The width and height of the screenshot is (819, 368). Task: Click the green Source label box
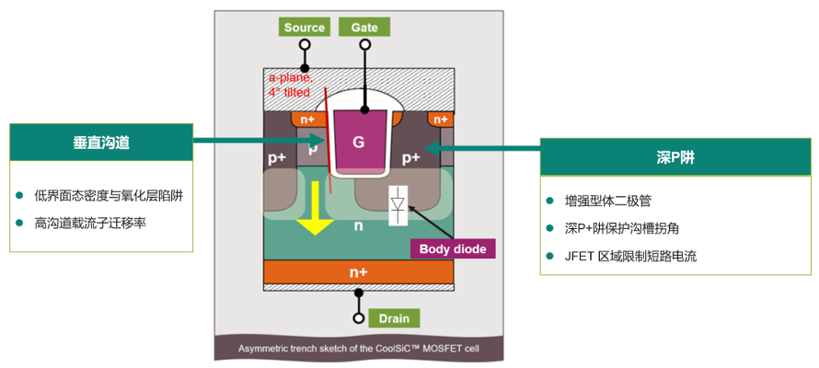(x=305, y=28)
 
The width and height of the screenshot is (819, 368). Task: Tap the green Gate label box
(x=364, y=28)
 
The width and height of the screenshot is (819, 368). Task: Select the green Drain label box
(x=395, y=318)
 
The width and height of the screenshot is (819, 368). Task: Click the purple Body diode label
(x=453, y=249)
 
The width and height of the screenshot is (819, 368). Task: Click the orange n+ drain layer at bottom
(x=358, y=272)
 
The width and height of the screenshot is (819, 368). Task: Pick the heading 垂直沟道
(x=101, y=143)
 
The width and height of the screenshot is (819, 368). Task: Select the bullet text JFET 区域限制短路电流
(x=631, y=257)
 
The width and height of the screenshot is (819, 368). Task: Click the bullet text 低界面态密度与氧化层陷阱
(x=109, y=195)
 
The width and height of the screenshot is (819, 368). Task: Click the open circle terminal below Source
(x=305, y=44)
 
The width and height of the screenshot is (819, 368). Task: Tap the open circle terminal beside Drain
(x=358, y=318)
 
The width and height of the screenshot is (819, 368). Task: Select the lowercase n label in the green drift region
(x=358, y=227)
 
